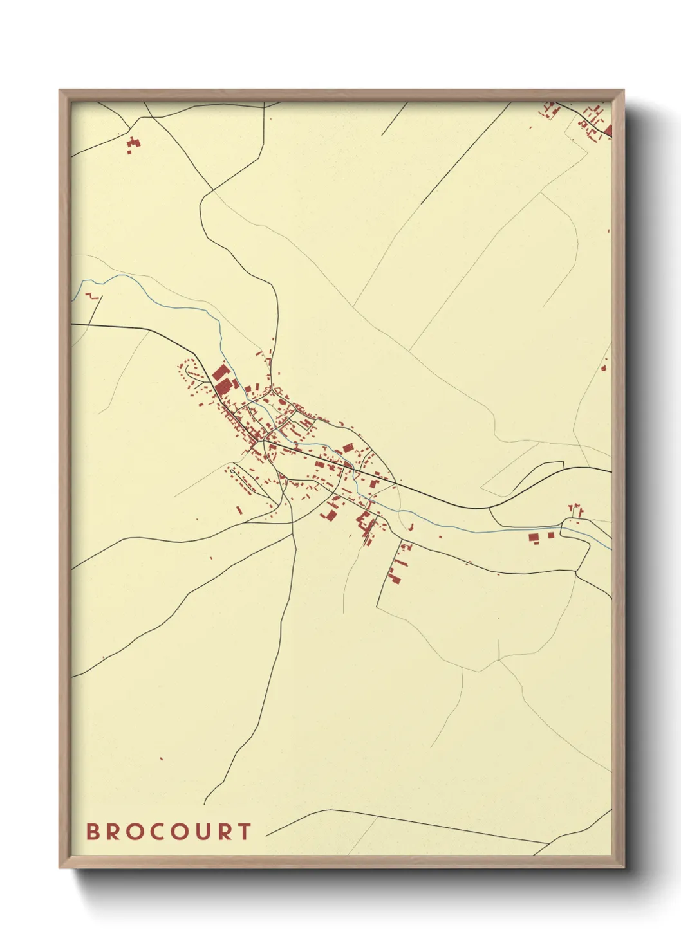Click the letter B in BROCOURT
tap(94, 832)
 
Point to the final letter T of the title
tap(244, 832)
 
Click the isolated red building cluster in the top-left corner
tap(133, 144)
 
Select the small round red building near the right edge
tap(604, 368)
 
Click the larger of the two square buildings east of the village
tap(533, 537)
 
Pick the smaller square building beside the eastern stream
tap(550, 535)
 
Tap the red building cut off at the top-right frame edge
tap(608, 131)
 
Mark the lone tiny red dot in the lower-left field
tap(161, 759)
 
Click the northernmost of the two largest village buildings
tap(219, 374)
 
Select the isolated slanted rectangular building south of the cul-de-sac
tap(239, 510)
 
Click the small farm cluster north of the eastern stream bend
tap(575, 511)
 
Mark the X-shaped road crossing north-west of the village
tap(213, 190)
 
